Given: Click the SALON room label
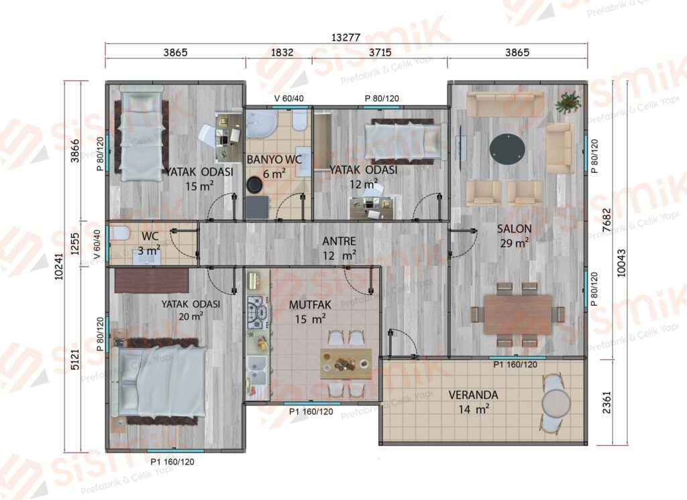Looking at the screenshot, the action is (x=514, y=229).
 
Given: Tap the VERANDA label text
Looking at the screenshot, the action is (x=473, y=395).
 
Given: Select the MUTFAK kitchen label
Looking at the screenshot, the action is (x=310, y=305).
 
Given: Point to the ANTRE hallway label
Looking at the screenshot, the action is (x=339, y=241).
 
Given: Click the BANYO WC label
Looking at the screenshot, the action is (x=274, y=160).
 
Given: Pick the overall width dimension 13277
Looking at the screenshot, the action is (x=346, y=38).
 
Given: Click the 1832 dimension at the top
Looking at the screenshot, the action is (x=282, y=52).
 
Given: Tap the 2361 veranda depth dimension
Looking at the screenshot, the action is (x=606, y=402).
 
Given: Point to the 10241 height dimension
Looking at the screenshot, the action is (x=59, y=267).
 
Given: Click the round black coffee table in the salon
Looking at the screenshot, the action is (x=507, y=148).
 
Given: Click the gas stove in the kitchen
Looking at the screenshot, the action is (x=258, y=312).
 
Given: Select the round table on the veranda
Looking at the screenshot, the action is (x=556, y=403).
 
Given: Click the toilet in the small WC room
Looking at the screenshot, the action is (x=119, y=233).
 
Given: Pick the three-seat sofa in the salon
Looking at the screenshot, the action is (x=505, y=103).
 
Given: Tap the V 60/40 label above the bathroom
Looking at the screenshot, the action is (x=288, y=99).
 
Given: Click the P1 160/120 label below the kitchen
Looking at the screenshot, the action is (x=311, y=412).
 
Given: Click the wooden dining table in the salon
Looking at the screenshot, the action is (x=517, y=314).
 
